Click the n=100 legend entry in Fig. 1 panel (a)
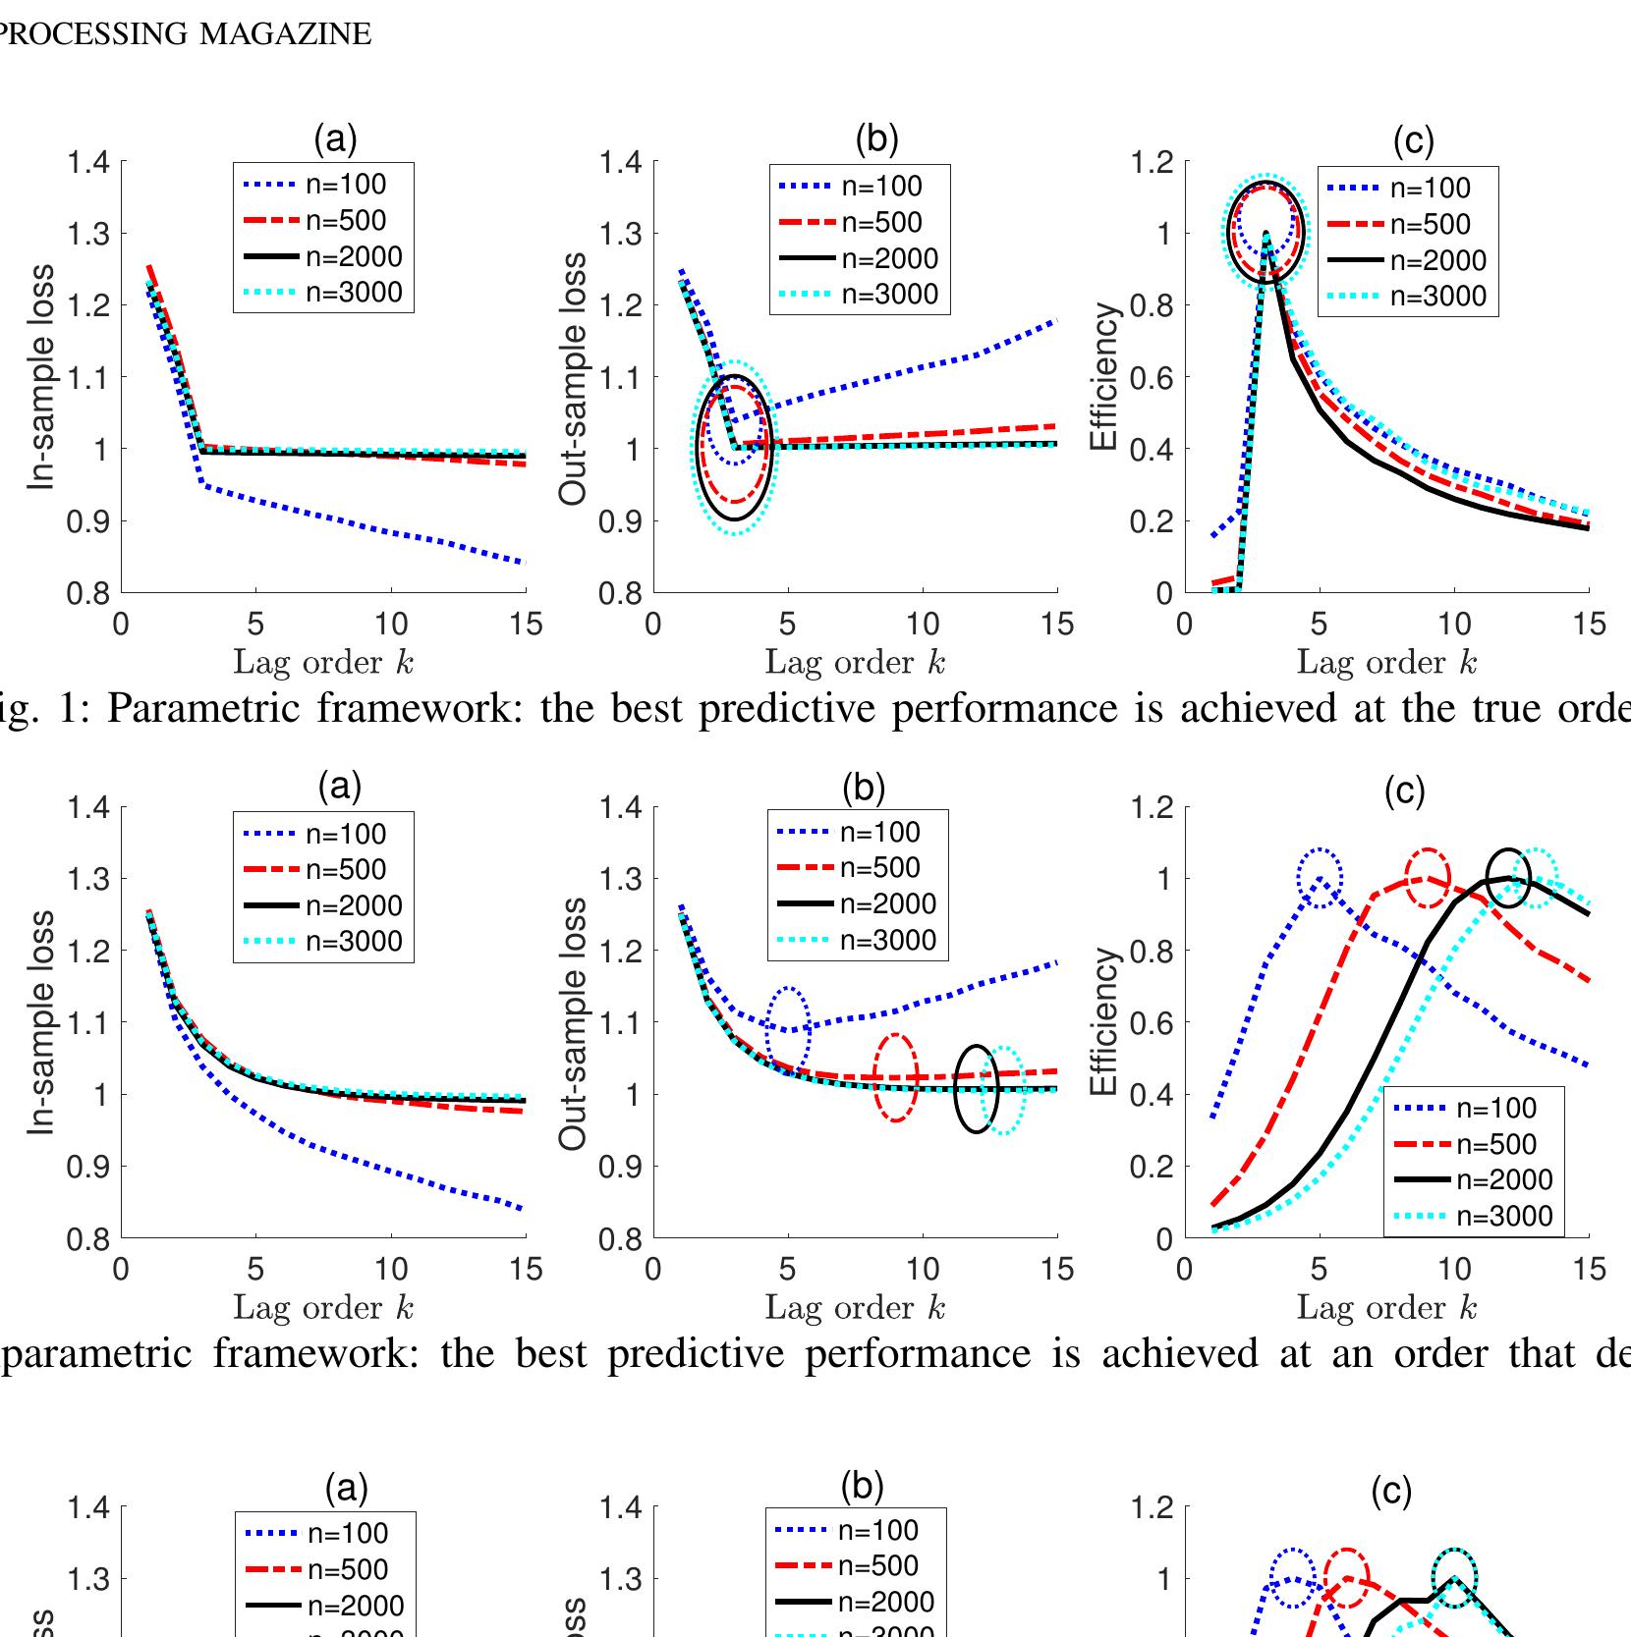[x=324, y=185]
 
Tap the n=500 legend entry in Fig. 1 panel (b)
[x=860, y=223]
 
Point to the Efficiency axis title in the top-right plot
[x=1104, y=377]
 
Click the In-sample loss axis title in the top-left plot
[x=40, y=377]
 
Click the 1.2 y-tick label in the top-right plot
[x=1153, y=162]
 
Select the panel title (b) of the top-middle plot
[x=876, y=139]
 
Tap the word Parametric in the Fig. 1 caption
[x=205, y=708]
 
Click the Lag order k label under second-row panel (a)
[x=323, y=1308]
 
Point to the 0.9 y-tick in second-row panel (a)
[x=86, y=1167]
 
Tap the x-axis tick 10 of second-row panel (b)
[x=922, y=1270]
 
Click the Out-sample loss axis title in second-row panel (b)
[x=574, y=1023]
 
